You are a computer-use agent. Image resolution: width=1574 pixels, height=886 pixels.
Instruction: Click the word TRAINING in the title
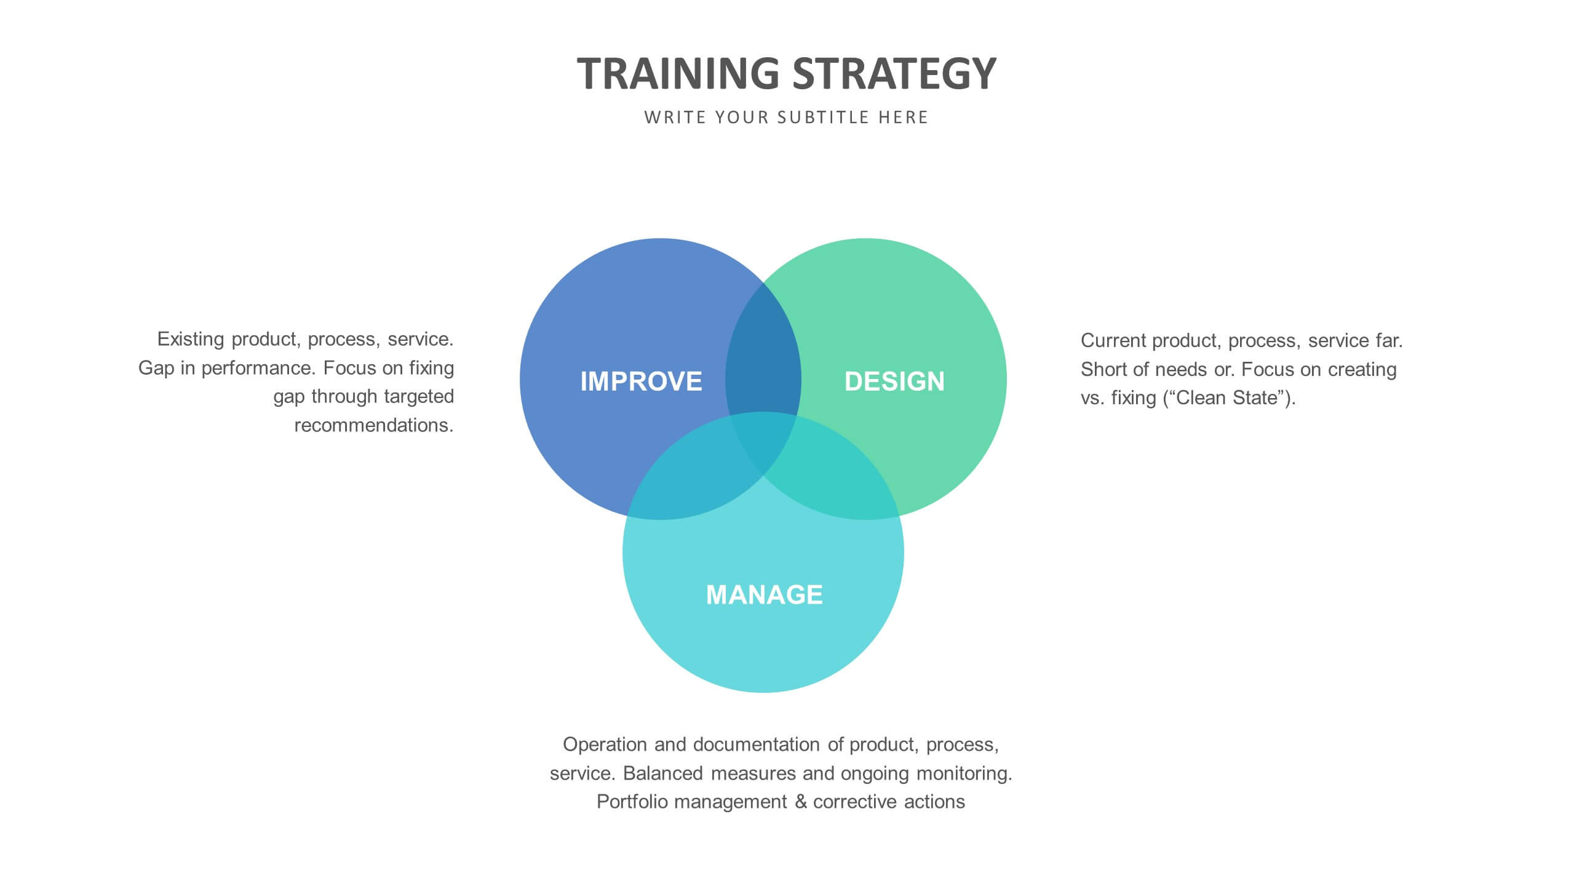point(678,73)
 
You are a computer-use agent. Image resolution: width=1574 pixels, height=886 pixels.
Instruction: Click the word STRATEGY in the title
point(894,73)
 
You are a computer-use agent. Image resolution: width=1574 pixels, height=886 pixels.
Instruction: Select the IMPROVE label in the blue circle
point(641,381)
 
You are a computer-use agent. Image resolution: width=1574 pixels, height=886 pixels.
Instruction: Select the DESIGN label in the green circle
point(894,381)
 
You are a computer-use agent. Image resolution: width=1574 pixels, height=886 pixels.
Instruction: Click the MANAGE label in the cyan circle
point(764,594)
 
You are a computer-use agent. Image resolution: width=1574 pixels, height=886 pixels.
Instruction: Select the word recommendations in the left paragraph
point(374,425)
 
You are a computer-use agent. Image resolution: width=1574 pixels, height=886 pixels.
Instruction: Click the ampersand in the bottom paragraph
point(800,802)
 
